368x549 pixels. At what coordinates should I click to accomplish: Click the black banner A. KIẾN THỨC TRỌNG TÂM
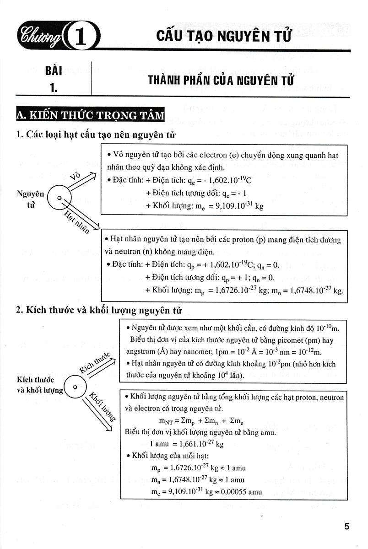point(90,115)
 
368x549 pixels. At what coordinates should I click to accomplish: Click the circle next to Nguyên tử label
point(60,197)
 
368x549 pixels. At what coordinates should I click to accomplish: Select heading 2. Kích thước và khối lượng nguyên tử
point(99,311)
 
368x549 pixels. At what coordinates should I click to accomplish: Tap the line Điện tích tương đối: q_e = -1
point(196,193)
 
